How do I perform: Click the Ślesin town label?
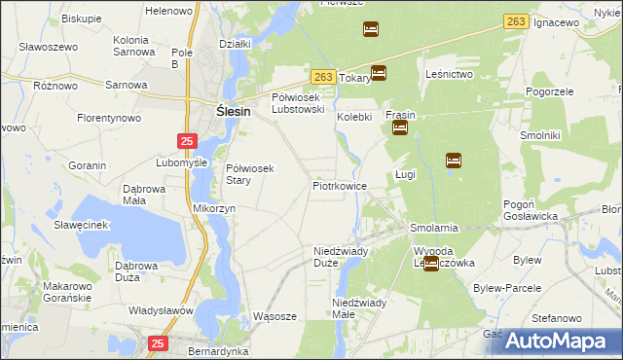(233, 112)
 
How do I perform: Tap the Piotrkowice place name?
(339, 185)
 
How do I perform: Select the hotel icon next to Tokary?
(379, 72)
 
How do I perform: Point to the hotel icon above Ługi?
(453, 161)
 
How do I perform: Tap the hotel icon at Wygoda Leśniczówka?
(430, 263)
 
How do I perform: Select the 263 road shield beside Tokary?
(324, 75)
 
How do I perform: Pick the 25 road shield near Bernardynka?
(160, 342)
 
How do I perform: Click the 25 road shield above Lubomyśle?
(186, 141)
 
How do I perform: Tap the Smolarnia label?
(434, 229)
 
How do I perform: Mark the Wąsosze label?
(274, 316)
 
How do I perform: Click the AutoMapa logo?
(562, 341)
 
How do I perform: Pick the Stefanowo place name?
(558, 318)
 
